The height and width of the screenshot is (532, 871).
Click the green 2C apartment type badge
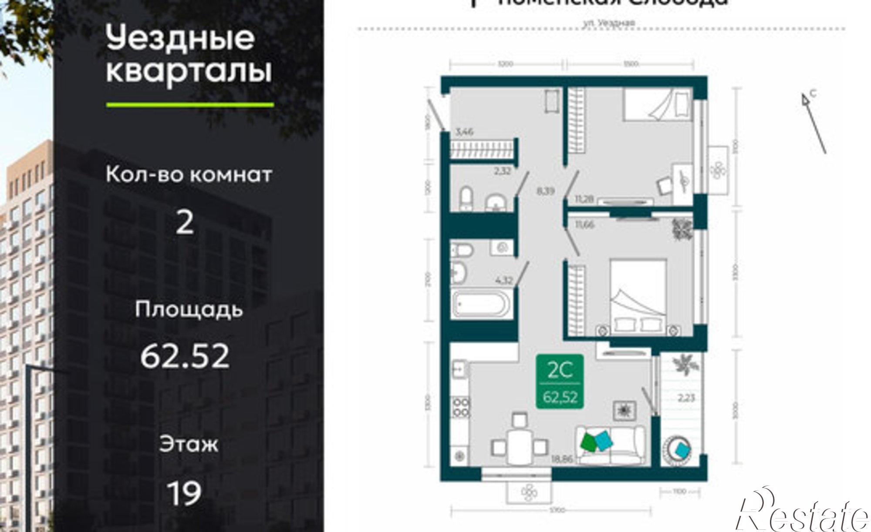click(x=560, y=381)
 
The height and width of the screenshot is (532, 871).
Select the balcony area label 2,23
click(x=685, y=397)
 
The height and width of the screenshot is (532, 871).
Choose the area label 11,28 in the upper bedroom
click(x=584, y=199)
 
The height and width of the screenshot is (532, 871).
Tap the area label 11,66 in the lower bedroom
click(x=584, y=225)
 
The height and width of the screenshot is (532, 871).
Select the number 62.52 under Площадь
click(x=185, y=356)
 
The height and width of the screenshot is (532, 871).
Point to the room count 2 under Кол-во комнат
click(x=185, y=223)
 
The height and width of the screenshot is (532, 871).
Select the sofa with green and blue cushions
click(x=612, y=445)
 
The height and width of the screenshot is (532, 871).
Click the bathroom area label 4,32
click(x=504, y=280)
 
